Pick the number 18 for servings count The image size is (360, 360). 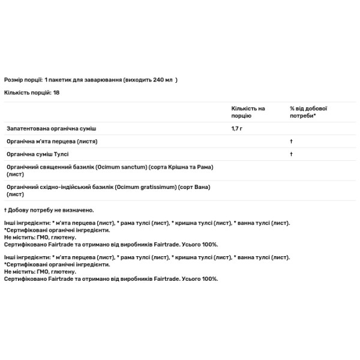click(56, 92)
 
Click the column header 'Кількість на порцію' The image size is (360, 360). click(248, 112)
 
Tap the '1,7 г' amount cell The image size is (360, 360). click(238, 129)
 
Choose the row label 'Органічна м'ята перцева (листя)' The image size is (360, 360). click(52, 142)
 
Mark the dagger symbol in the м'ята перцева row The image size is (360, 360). click(291, 142)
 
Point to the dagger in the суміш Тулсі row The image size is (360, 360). click(291, 154)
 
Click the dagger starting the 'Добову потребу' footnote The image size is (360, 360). click(5, 210)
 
